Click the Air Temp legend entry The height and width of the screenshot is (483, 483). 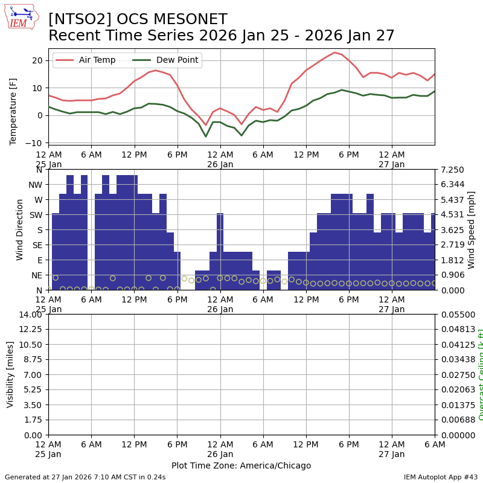click(97, 60)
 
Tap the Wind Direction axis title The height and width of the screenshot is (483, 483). click(20, 229)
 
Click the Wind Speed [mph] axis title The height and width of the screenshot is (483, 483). click(472, 229)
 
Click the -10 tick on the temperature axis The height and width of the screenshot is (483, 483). click(36, 143)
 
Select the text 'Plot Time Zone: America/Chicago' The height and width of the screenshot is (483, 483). click(241, 465)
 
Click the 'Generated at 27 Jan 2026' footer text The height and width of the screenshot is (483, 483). click(85, 477)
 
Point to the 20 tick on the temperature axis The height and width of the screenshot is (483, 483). click(37, 60)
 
